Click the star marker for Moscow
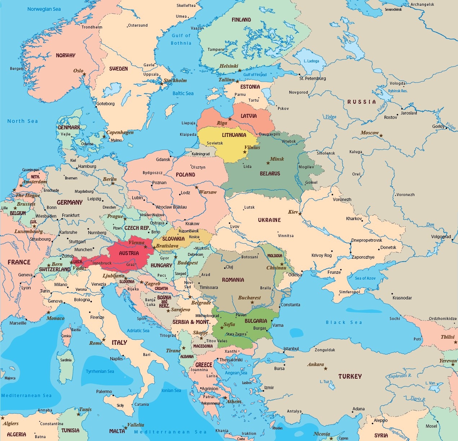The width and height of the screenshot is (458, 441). tap(381, 136)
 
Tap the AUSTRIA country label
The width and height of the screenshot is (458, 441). tap(129, 253)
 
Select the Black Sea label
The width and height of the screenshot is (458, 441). tap(343, 322)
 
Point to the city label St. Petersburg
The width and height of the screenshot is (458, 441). tap(312, 79)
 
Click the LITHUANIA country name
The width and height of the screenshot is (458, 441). tap(234, 135)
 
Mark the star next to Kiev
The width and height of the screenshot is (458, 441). tap(300, 214)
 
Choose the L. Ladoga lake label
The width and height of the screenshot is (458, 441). tap(311, 61)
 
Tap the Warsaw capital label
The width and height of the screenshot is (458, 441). tap(208, 192)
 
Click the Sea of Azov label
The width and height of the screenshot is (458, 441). tap(365, 278)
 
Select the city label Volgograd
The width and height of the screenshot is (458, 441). tap(441, 237)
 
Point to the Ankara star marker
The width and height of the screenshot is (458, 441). tap(325, 369)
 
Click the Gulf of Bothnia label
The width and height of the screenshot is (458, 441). tap(181, 39)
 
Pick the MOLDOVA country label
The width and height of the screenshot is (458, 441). tap(275, 255)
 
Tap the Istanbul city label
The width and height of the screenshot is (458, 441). tap(291, 349)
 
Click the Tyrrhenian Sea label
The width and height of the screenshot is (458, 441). tap(100, 371)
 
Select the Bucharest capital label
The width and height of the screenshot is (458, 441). tap(249, 298)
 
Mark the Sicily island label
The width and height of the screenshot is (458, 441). tap(120, 405)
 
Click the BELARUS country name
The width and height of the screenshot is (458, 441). tap(270, 174)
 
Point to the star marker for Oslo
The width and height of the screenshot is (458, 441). tap(84, 74)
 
